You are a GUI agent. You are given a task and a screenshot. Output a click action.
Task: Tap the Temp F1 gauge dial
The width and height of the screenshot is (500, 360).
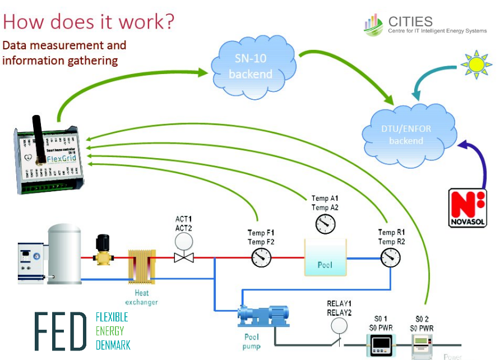click(261, 257)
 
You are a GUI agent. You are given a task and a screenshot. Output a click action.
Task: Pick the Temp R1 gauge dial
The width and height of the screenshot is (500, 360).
click(391, 257)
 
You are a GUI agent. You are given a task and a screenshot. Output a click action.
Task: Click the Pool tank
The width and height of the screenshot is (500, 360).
click(325, 257)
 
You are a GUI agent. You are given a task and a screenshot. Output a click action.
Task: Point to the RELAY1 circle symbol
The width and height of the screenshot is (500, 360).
click(339, 326)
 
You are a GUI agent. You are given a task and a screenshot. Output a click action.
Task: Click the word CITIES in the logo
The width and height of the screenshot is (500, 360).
click(410, 22)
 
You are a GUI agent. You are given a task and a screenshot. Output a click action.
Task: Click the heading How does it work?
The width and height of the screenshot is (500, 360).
click(89, 22)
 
